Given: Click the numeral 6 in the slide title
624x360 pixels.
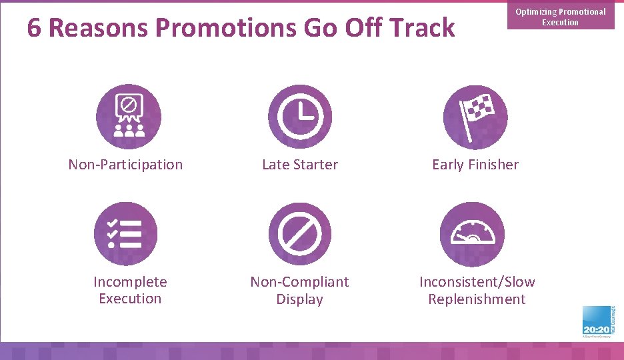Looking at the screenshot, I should pyautogui.click(x=35, y=29).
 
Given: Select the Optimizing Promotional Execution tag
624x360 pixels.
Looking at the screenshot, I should pyautogui.click(x=560, y=17).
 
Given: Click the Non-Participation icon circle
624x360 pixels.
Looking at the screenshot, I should pyautogui.click(x=129, y=117).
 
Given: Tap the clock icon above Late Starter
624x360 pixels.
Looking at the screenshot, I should pyautogui.click(x=300, y=117).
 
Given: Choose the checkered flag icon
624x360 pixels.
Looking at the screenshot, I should pyautogui.click(x=475, y=117).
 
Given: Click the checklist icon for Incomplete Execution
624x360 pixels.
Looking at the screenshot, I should pyautogui.click(x=126, y=234).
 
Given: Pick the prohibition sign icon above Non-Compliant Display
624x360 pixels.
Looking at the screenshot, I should pyautogui.click(x=300, y=234).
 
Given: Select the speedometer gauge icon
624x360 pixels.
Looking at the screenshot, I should pyautogui.click(x=473, y=234).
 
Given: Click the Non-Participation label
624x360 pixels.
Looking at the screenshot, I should pyautogui.click(x=125, y=165).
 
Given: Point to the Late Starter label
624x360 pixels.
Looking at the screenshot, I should pyautogui.click(x=300, y=165).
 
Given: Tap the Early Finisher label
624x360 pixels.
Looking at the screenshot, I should pyautogui.click(x=475, y=165).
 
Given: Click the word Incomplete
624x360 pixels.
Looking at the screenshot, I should pyautogui.click(x=130, y=282).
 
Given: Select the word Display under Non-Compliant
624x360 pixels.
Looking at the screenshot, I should pyautogui.click(x=299, y=299).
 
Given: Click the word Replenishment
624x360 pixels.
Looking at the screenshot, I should pyautogui.click(x=477, y=299).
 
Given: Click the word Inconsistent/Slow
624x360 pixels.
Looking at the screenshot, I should pyautogui.click(x=477, y=282).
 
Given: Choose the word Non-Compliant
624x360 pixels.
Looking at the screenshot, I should pyautogui.click(x=299, y=282).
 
